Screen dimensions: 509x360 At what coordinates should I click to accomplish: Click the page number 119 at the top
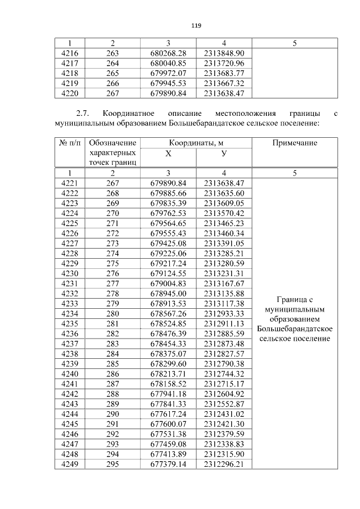click(x=196, y=26)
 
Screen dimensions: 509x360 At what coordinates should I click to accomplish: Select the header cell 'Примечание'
click(x=295, y=143)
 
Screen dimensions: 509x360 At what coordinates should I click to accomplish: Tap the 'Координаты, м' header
click(x=196, y=143)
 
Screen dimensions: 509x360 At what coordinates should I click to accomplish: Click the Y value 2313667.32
click(x=224, y=83)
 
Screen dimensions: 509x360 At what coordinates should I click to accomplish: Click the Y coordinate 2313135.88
click(x=224, y=293)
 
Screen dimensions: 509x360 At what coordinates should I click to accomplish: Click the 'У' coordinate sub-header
click(x=224, y=154)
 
